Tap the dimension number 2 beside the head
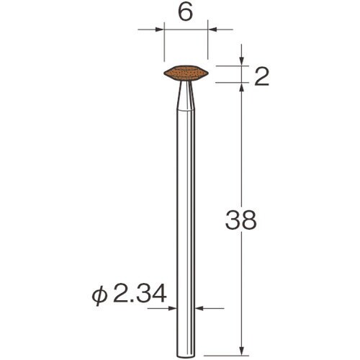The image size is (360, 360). tap(261, 76)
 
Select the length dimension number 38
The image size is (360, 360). tap(241, 220)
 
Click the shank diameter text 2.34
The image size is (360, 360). tap(140, 293)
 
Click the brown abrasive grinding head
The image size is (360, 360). tap(186, 72)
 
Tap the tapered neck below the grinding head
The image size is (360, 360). tap(186, 96)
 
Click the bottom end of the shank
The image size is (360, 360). tap(186, 356)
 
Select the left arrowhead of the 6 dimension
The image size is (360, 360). tap(160, 30)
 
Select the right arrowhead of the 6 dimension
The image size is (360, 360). tap(212, 30)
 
